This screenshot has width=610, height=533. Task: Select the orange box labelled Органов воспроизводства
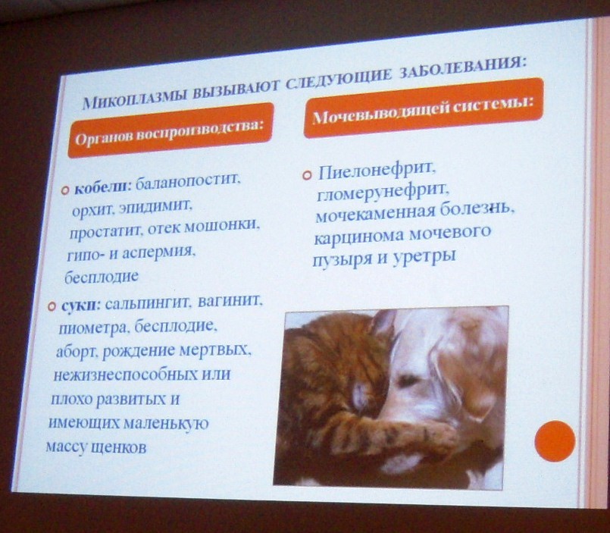[170, 130]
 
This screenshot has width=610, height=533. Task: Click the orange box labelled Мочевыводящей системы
[424, 108]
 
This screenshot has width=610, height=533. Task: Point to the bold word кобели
[103, 188]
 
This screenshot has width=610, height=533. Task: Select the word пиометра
[92, 328]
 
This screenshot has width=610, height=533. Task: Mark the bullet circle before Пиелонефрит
[308, 175]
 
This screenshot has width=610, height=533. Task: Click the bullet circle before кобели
[65, 190]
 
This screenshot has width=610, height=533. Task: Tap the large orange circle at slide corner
[555, 441]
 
